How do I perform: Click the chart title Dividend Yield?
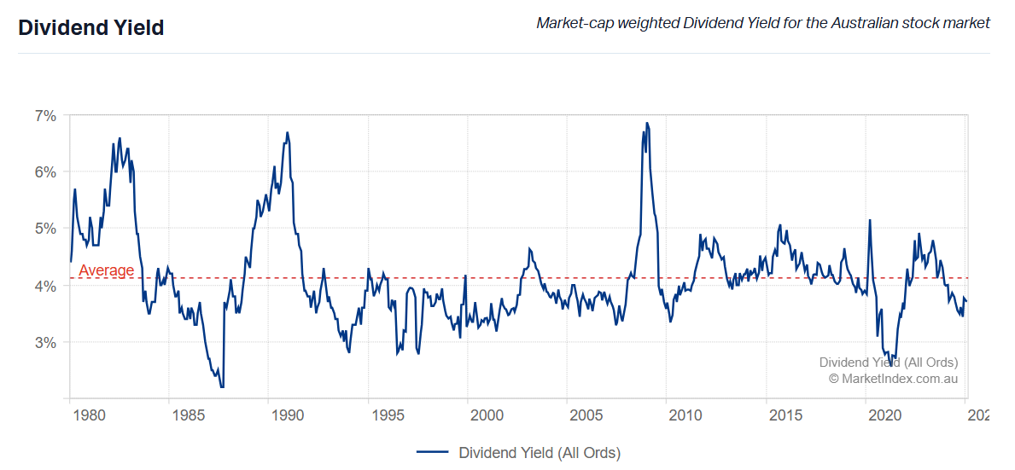tap(91, 27)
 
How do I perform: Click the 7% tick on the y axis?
tap(45, 115)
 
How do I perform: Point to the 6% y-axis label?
tap(45, 171)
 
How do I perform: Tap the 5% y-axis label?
tap(45, 229)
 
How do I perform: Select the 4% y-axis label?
tap(45, 286)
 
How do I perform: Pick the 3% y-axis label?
tap(45, 343)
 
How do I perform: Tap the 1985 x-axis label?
tap(188, 415)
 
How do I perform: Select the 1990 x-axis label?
tap(288, 415)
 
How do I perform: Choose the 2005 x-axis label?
tap(586, 415)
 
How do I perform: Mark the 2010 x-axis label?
tap(685, 415)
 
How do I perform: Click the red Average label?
tap(106, 271)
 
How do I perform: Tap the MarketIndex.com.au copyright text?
tap(893, 378)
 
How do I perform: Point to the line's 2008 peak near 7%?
tap(646, 123)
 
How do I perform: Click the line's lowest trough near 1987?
tap(222, 387)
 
